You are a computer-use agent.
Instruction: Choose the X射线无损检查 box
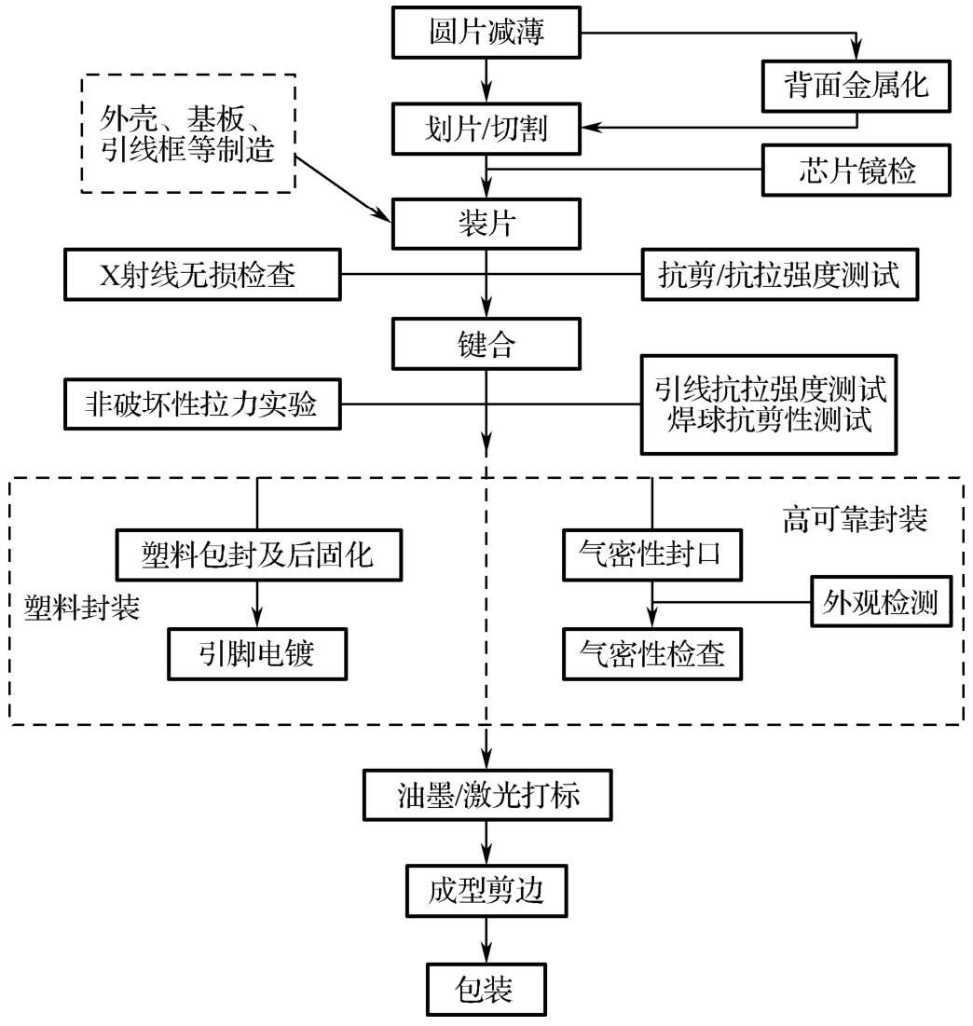click(203, 274)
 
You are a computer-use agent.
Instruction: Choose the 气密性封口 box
click(651, 556)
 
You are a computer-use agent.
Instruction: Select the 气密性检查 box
click(651, 653)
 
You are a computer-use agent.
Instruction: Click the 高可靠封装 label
click(854, 519)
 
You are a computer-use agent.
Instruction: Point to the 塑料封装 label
click(81, 607)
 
